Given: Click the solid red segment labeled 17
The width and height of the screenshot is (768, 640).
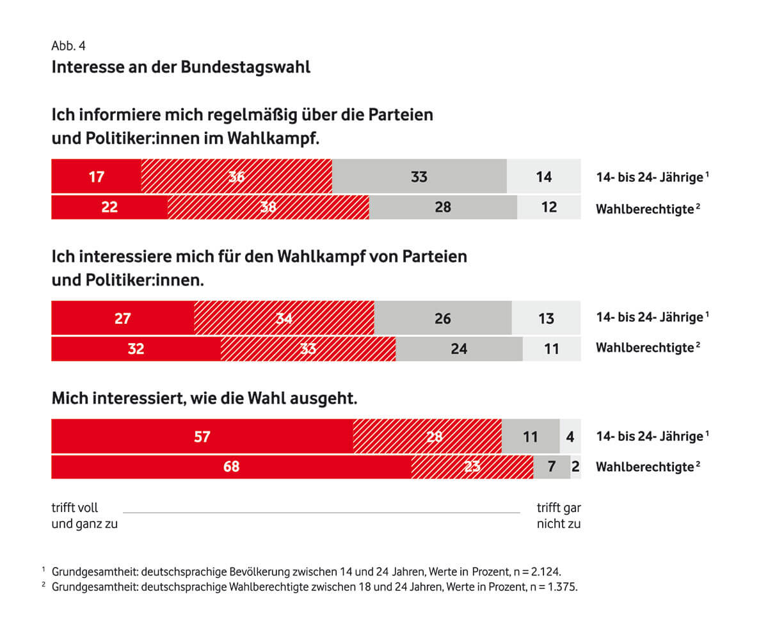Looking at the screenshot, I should pos(96,177).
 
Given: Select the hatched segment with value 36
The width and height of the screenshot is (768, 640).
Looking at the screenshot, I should pos(236,177).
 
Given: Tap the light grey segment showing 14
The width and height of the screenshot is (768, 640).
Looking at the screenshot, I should pos(543,177).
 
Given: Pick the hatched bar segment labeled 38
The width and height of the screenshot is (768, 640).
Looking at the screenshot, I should pos(268,207).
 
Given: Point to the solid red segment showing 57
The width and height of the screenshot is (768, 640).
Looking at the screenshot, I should pos(202,437).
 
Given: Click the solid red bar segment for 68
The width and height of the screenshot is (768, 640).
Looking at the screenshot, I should pos(231,467).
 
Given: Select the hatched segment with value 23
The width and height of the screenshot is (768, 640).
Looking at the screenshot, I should pos(472,467).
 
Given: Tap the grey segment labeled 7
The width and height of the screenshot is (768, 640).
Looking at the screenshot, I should pos(552,467).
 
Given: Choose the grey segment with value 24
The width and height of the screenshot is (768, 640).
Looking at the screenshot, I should pos(459,349).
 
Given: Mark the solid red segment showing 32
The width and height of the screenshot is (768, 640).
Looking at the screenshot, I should pos(136,349).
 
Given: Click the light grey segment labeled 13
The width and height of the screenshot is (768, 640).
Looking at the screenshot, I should pos(546,318).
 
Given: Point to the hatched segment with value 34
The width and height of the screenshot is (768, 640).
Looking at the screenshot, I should pos(284,318).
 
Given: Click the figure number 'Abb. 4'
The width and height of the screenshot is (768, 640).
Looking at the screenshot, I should pos(68,46).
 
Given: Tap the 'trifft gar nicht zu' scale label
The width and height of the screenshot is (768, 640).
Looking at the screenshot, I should pos(558,516).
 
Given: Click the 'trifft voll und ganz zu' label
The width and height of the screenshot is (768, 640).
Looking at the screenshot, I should pos(84,516).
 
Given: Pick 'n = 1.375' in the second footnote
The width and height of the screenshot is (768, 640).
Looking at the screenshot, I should pos(554,586).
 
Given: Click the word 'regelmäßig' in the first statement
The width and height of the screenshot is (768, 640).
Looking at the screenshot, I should pos(262,116).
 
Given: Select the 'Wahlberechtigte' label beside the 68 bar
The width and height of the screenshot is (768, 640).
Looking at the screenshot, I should pos(644,467).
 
